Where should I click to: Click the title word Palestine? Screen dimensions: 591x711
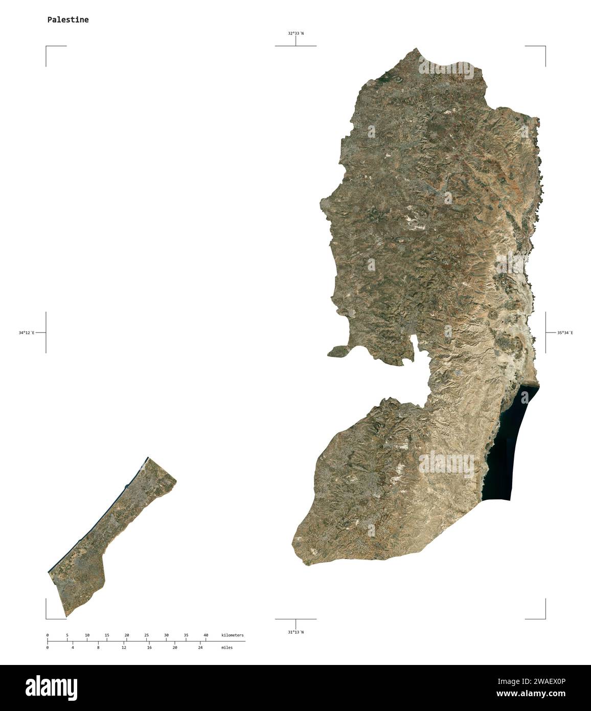(x=67, y=20)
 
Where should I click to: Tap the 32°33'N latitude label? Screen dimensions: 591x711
(x=295, y=33)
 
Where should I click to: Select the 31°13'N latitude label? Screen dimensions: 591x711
(x=295, y=632)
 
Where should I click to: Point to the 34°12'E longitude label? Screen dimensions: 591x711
(x=27, y=333)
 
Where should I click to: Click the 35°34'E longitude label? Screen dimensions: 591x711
(x=565, y=333)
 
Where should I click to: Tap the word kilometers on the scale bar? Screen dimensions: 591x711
(x=232, y=635)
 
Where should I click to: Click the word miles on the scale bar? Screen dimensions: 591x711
(x=226, y=648)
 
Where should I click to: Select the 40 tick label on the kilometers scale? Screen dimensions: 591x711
(x=206, y=635)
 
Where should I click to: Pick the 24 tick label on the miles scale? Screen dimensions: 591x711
(x=200, y=648)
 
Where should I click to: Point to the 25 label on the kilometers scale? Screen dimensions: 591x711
(x=146, y=635)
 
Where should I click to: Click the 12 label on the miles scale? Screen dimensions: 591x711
(x=124, y=648)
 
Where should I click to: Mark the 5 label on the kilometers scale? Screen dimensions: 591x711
(x=67, y=635)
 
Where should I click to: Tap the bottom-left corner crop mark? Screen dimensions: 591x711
(x=47, y=617)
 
